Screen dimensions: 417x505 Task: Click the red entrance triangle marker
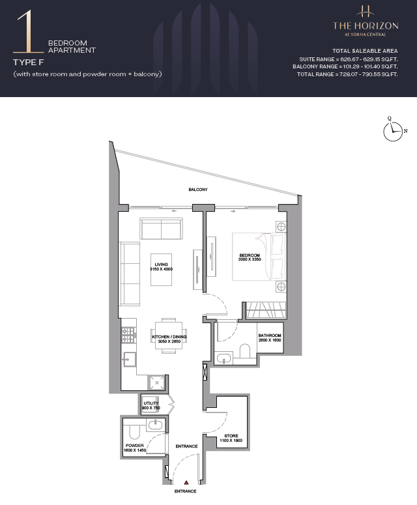pos(186,482)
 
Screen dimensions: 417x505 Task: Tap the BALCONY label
pos(198,190)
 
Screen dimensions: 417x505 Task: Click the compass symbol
pos(393,131)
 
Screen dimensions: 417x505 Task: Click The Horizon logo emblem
pos(366,11)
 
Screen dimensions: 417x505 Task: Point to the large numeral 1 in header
pos(28,31)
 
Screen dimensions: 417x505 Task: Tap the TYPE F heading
pos(28,62)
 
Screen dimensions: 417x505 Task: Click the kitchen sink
pos(129,359)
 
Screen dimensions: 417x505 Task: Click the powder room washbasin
pos(156,425)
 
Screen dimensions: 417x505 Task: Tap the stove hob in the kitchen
pos(128,335)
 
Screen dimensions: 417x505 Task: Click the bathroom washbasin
pos(223,358)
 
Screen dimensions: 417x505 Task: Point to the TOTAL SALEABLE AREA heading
pos(365,51)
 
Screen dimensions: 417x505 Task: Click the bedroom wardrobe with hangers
pos(266,310)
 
